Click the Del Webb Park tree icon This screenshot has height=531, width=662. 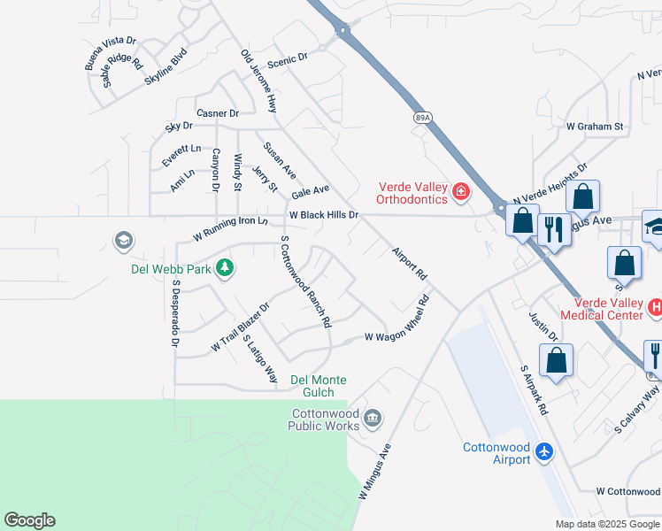pos(225,268)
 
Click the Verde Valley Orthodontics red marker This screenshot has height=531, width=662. pos(460,192)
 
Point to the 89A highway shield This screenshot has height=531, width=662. pos(422,116)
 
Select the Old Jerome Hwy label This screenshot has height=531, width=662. pos(258,81)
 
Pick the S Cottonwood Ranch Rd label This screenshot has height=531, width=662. pos(305,281)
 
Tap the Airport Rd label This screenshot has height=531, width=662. pos(410,264)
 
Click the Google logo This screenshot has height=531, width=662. pos(29,520)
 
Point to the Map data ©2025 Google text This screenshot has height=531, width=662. pos(607,524)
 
